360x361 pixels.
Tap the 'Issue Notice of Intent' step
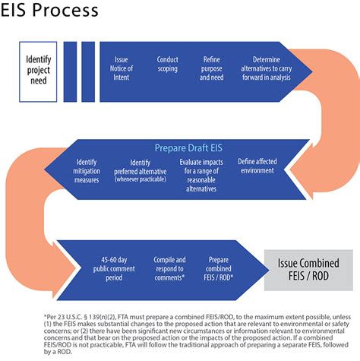(x=122, y=68)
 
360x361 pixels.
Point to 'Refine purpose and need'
(x=213, y=68)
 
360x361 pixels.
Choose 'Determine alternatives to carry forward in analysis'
(x=270, y=68)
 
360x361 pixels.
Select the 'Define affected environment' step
(x=256, y=166)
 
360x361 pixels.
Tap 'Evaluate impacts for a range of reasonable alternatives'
(x=203, y=175)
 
